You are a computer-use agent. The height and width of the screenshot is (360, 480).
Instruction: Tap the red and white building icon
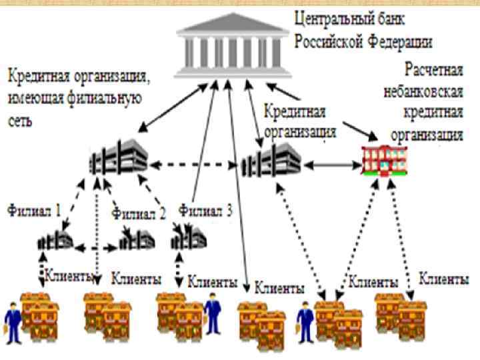pyautogui.click(x=385, y=160)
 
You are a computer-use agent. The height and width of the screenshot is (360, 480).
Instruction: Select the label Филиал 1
pyautogui.click(x=35, y=211)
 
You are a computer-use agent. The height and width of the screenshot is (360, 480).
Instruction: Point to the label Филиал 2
pyautogui.click(x=139, y=213)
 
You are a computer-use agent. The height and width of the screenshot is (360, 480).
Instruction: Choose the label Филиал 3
pyautogui.click(x=205, y=211)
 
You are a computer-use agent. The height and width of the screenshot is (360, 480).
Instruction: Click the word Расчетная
pyautogui.click(x=433, y=69)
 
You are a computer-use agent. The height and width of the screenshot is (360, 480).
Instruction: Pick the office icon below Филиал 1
pyautogui.click(x=55, y=239)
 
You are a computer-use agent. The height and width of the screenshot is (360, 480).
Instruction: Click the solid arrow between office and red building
pyautogui.click(x=332, y=163)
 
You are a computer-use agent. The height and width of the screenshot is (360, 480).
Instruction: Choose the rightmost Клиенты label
pyautogui.click(x=443, y=279)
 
